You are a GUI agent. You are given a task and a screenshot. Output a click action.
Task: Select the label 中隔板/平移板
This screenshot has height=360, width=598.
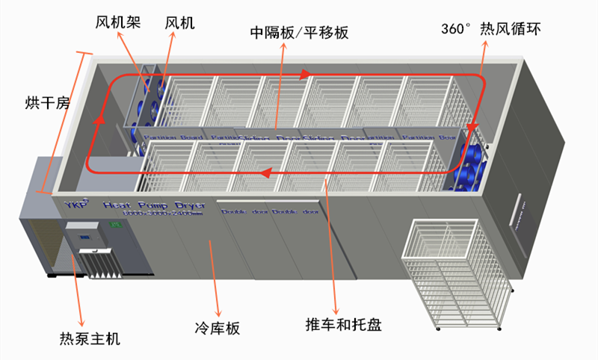click(299, 33)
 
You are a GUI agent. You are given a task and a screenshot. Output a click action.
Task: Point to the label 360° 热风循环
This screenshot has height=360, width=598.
click(490, 29)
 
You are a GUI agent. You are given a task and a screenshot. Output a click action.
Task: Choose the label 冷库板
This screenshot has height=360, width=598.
click(217, 328)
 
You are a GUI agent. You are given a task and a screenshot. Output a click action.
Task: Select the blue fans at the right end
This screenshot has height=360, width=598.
click(468, 167)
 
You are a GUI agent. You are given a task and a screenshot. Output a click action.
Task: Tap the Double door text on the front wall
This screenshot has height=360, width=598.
click(270, 212)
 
